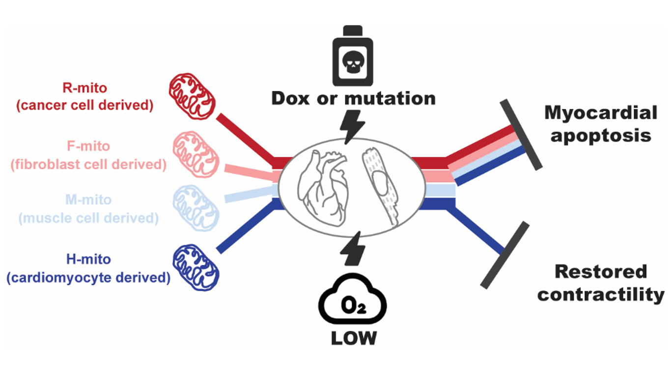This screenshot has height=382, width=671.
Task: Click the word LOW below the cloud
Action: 353,338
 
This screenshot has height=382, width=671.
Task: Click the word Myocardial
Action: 600,113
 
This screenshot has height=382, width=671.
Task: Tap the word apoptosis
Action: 600,135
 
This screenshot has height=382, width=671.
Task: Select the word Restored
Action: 600,271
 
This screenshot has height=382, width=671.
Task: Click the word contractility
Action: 600,294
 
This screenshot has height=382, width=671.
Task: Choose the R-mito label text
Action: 84,88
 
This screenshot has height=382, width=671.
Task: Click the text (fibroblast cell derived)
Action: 88,164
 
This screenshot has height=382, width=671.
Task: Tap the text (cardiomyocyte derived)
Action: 88,277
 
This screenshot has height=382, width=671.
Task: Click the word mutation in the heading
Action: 389,98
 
